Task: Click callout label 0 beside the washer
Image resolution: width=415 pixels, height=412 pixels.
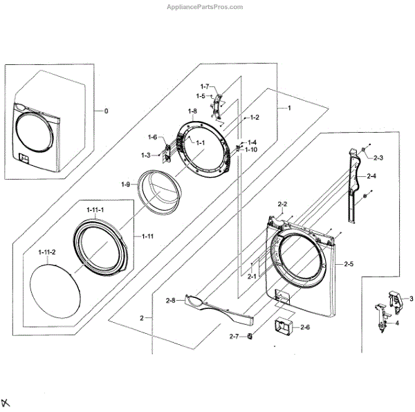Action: pyautogui.click(x=106, y=111)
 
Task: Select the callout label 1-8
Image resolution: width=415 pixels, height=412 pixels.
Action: pyautogui.click(x=192, y=111)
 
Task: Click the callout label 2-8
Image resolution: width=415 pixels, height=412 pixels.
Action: pyautogui.click(x=170, y=300)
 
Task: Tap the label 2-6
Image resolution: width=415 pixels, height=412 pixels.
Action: pyautogui.click(x=305, y=327)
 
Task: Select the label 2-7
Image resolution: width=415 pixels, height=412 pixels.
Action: pyautogui.click(x=234, y=337)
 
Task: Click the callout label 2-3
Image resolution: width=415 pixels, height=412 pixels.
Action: pyautogui.click(x=378, y=158)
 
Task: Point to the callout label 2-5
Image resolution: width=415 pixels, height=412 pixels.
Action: pyautogui.click(x=347, y=263)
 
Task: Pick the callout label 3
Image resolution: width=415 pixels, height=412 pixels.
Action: pyautogui.click(x=411, y=298)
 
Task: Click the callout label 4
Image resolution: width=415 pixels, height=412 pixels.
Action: pyautogui.click(x=396, y=323)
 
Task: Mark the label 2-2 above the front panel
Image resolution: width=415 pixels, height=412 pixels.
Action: pyautogui.click(x=282, y=204)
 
